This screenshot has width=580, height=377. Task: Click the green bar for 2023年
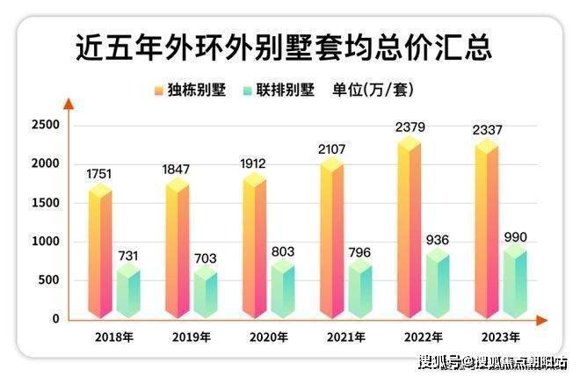click(x=513, y=281)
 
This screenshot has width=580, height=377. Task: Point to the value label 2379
click(x=410, y=128)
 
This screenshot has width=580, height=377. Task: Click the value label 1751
click(x=99, y=174)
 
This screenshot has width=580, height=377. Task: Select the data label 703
click(x=206, y=258)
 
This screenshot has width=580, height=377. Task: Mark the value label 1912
click(x=254, y=163)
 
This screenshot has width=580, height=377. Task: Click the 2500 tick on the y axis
click(x=47, y=125)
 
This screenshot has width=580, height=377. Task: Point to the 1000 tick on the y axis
click(x=47, y=242)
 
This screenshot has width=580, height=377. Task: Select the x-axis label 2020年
click(x=269, y=337)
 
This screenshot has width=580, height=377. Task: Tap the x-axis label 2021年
click(x=346, y=337)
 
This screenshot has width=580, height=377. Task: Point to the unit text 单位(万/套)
click(x=372, y=90)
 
